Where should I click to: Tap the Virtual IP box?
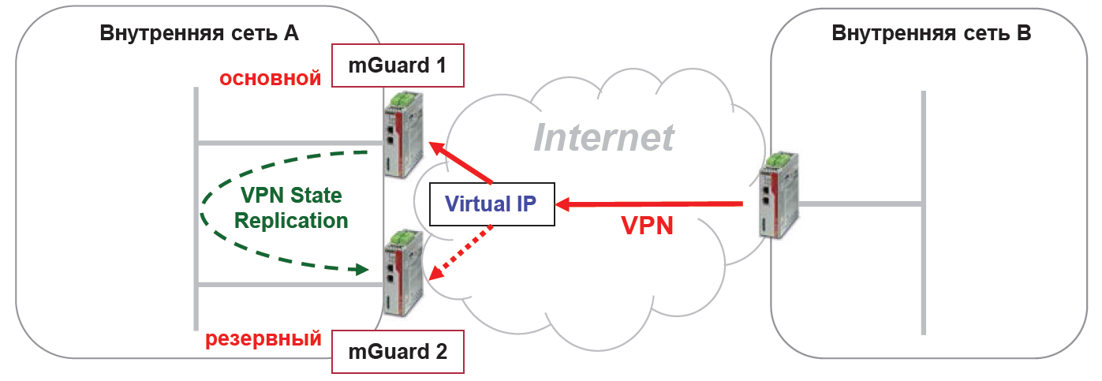[x=491, y=204]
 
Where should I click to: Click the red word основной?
[x=270, y=79]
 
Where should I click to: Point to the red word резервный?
[x=263, y=339]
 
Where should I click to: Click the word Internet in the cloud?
[x=603, y=136]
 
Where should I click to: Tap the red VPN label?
[x=647, y=226]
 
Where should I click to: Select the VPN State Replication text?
[x=291, y=207]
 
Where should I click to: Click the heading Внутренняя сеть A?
[x=199, y=33]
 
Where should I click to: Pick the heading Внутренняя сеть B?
[x=931, y=33]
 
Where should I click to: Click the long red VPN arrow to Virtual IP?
[x=651, y=205]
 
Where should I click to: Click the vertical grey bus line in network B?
[x=923, y=213]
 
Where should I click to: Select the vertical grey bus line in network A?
[x=196, y=209]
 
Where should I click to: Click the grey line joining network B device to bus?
[x=860, y=204]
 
